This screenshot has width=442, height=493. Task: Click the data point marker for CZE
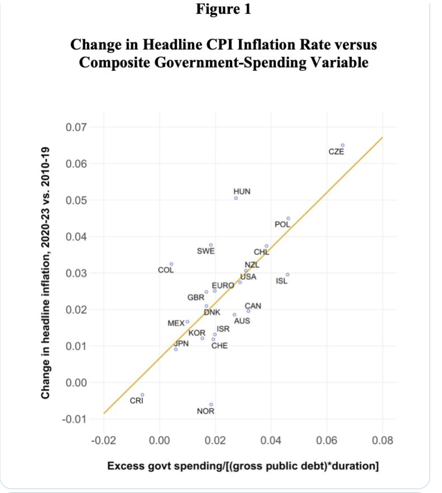pyautogui.click(x=342, y=145)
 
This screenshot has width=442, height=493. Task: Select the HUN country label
pyautogui.click(x=242, y=191)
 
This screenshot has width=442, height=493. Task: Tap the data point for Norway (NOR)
pyautogui.click(x=211, y=405)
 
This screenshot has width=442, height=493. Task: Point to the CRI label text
pyautogui.click(x=137, y=401)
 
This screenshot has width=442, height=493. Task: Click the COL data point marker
pyautogui.click(x=171, y=264)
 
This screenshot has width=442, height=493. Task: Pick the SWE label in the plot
pyautogui.click(x=206, y=251)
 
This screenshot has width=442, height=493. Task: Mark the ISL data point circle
pyautogui.click(x=287, y=274)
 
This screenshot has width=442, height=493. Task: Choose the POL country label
pyautogui.click(x=282, y=224)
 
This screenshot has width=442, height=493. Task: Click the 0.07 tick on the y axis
pyautogui.click(x=76, y=127)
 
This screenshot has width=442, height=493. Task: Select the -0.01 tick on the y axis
pyautogui.click(x=75, y=419)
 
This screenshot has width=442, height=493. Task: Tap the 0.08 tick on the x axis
pyautogui.click(x=382, y=441)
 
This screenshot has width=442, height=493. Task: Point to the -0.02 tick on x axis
pyautogui.click(x=103, y=441)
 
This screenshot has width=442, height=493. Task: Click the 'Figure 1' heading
pyautogui.click(x=224, y=9)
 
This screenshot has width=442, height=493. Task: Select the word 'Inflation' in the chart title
pyautogui.click(x=266, y=44)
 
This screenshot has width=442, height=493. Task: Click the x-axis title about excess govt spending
pyautogui.click(x=243, y=466)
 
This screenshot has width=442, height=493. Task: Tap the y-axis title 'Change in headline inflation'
pyautogui.click(x=45, y=273)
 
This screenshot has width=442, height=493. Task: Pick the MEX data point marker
pyautogui.click(x=187, y=322)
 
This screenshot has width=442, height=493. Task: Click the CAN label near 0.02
pyautogui.click(x=253, y=306)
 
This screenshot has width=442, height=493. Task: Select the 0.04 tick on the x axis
pyautogui.click(x=271, y=441)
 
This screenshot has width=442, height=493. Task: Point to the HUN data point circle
pyautogui.click(x=236, y=198)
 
